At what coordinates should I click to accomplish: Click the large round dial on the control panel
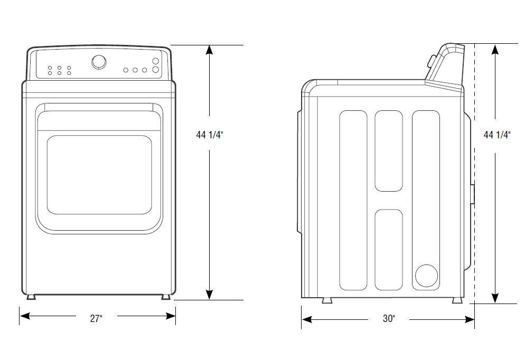(x=99, y=62)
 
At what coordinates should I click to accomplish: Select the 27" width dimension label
(x=96, y=318)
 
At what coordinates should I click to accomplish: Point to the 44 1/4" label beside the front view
(x=209, y=135)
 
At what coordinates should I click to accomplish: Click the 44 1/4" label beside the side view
(x=497, y=135)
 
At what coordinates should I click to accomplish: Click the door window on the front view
(x=99, y=174)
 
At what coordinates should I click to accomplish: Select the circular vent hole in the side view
(x=427, y=276)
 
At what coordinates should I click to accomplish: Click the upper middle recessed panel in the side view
(x=388, y=150)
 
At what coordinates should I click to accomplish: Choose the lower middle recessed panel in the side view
(x=388, y=249)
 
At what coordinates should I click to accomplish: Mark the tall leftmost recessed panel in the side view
(x=353, y=200)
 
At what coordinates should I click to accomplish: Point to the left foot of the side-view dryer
(x=327, y=301)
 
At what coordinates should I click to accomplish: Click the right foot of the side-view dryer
(x=456, y=301)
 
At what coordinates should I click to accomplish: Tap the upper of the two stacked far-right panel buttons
(x=156, y=61)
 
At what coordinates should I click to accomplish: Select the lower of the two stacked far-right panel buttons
(x=156, y=70)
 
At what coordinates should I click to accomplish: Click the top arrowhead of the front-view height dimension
(x=210, y=50)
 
